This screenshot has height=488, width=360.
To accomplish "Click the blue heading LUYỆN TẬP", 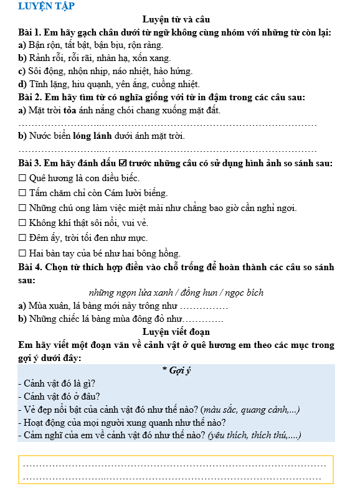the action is click(x=46, y=7).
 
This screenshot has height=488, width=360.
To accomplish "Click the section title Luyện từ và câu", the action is click(x=176, y=20).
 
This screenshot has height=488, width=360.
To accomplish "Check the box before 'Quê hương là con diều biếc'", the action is click(x=23, y=178).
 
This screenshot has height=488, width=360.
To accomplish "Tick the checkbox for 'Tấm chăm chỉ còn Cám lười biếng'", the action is click(x=23, y=193).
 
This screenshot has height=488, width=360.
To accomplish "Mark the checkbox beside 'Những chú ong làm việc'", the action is click(x=23, y=208).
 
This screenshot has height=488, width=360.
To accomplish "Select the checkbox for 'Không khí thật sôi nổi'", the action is click(x=23, y=223).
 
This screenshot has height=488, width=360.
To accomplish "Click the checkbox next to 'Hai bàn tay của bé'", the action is click(x=23, y=253).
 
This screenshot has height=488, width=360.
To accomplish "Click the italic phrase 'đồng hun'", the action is click(x=196, y=293).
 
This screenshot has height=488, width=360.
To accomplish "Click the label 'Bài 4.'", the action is click(x=32, y=268).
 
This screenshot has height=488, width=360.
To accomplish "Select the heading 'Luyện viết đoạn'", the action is click(x=176, y=332).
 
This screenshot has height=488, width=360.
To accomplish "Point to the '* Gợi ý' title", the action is click(x=176, y=371).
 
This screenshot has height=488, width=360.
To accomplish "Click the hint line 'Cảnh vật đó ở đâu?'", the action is click(x=60, y=396).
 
